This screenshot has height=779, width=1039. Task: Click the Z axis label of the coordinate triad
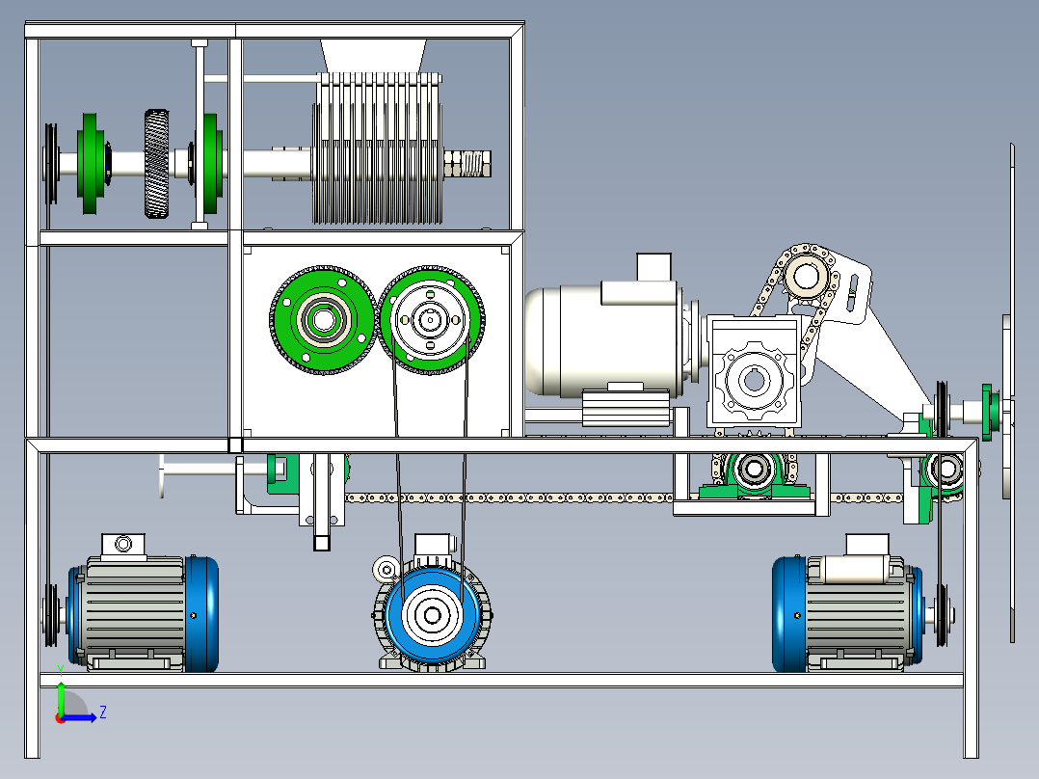pos(103,712)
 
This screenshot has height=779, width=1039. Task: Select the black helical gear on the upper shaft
pos(156,164)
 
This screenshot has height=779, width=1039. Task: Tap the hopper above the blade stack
pos(373,56)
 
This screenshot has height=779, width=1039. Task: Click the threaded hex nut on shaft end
pos(467,164)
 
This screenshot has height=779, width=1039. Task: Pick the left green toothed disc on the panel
pos(324,320)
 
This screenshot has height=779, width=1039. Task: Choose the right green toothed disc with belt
pos(431,320)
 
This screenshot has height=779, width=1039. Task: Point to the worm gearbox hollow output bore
pos(754,381)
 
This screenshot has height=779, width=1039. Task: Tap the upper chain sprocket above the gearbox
pos(807,276)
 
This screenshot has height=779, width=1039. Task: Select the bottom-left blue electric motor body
pos(143,613)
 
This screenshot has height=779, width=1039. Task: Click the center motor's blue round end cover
pos(433,615)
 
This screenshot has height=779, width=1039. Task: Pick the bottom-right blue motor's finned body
pos(855,613)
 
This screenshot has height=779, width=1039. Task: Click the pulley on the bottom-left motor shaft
pos(50,614)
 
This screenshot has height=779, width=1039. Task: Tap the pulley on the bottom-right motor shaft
pos(941,614)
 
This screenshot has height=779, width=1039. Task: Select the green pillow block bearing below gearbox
pos(754,475)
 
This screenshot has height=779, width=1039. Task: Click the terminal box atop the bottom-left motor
pos(123,546)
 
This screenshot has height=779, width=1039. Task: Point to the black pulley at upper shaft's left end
pos(50,164)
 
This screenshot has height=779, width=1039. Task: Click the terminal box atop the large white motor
pos(653,267)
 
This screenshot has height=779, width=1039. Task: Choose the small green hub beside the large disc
pos(990,413)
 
